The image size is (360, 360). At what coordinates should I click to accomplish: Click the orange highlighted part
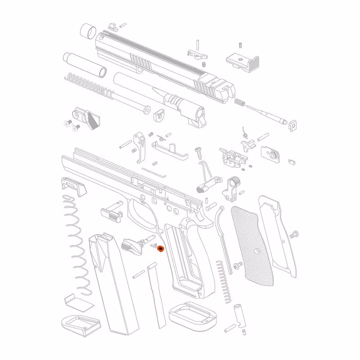click(160, 248)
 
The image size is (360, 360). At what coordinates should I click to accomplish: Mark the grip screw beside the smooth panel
click(294, 234)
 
